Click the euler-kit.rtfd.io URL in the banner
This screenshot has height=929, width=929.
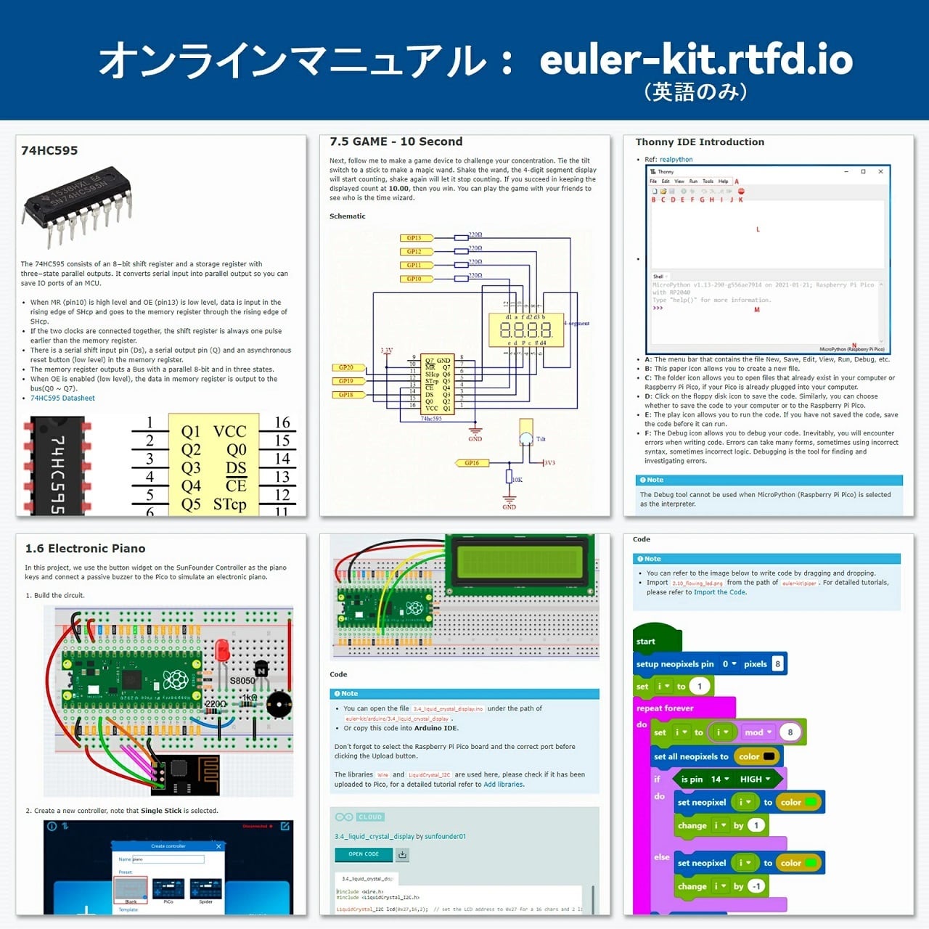click(x=695, y=60)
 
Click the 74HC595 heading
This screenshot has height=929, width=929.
click(x=49, y=150)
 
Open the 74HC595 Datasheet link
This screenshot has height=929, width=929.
click(x=62, y=398)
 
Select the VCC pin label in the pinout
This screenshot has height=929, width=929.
click(x=229, y=431)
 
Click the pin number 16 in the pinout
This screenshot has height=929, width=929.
click(x=282, y=422)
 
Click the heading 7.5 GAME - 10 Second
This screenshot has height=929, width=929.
click(x=396, y=142)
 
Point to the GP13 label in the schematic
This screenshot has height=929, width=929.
click(x=414, y=237)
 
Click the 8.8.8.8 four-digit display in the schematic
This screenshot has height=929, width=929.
click(x=525, y=330)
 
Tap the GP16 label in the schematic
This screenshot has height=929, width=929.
click(x=472, y=462)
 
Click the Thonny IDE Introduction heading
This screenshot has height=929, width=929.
click(x=700, y=142)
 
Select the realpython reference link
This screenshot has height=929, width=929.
click(x=676, y=160)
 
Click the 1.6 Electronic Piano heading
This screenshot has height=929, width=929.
click(x=85, y=549)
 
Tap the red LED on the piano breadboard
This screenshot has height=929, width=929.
click(x=222, y=650)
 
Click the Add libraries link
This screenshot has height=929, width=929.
click(x=504, y=785)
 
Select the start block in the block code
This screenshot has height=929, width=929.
click(x=646, y=642)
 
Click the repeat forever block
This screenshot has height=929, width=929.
click(x=665, y=708)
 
